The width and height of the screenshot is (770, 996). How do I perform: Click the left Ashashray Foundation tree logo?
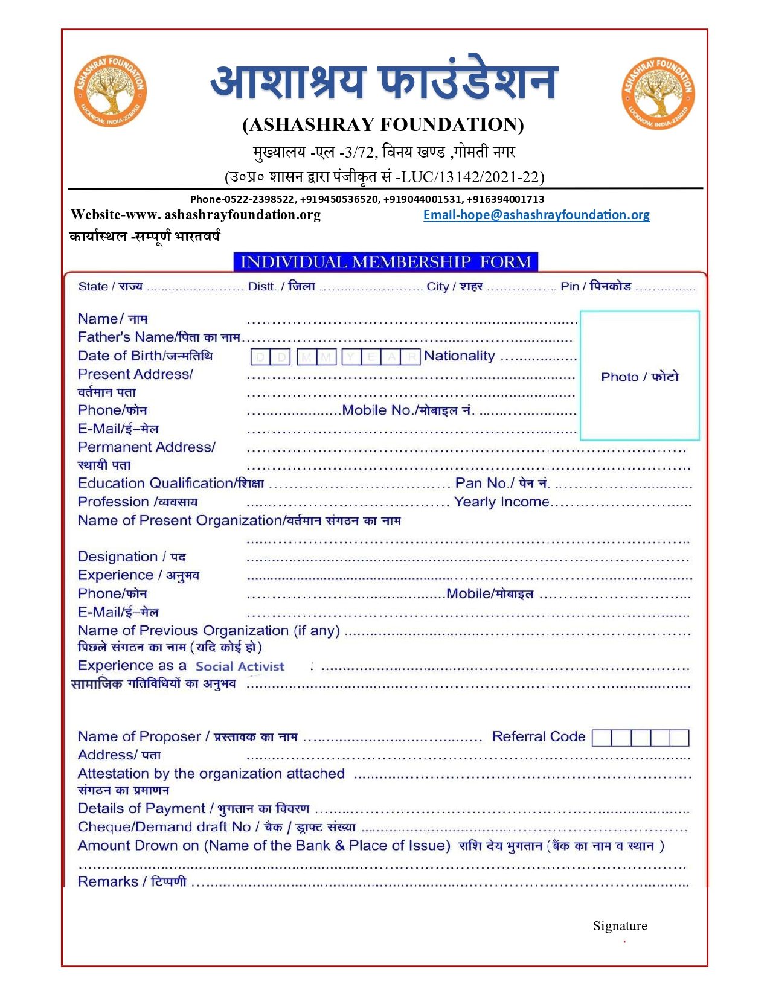coord(111,91)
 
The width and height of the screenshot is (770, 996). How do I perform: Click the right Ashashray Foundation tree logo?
coord(658,94)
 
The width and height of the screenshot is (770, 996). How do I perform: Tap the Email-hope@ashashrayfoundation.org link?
coord(536,215)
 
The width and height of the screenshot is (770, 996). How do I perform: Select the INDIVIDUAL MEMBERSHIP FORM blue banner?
coord(385,261)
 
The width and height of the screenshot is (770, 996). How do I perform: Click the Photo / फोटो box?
coord(640,375)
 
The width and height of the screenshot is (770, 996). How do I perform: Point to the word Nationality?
coord(459,356)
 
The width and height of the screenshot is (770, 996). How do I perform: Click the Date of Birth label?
coord(145,356)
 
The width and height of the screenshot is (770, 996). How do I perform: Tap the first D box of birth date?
coord(260,357)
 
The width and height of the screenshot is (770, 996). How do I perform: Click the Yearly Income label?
coord(501,502)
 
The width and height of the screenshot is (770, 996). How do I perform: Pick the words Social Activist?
coord(240,666)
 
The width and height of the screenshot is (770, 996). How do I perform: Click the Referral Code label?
coord(538,736)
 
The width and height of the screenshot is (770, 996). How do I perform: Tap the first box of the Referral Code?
coord(602,738)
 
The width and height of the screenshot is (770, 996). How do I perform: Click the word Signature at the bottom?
coord(620,925)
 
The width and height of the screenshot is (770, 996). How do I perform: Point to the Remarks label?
coord(132,881)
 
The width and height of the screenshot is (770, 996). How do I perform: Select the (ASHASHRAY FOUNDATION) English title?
coord(383,124)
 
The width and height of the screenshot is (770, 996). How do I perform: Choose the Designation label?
coord(131,557)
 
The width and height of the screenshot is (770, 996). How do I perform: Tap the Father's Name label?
coord(158,337)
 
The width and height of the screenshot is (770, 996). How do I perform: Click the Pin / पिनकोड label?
coord(595,286)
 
